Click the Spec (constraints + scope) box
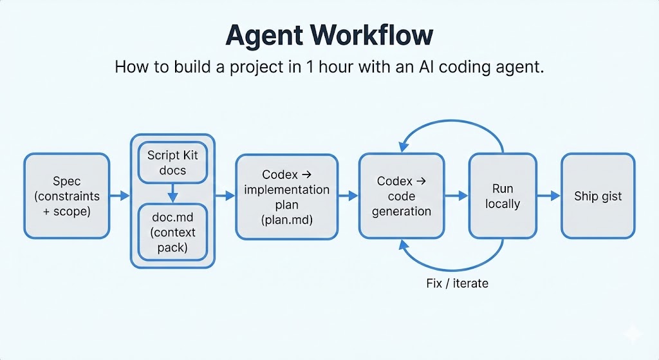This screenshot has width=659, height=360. coord(67,196)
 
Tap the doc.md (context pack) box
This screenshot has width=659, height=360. coord(172,232)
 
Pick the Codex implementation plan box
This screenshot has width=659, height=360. coord(286,196)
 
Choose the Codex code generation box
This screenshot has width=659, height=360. coord(402,196)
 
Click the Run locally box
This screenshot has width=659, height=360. coord(502,196)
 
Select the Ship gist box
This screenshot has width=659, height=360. coord(598,196)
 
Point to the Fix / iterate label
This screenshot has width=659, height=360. coord(457,283)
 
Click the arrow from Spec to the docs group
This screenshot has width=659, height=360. coord(120,196)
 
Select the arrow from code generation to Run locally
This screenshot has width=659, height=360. coord(456,196)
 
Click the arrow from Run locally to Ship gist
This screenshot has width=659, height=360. coord(548,196)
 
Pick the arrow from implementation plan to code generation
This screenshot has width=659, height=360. coord(348,196)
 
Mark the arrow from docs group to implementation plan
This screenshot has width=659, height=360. coord(225,196)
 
